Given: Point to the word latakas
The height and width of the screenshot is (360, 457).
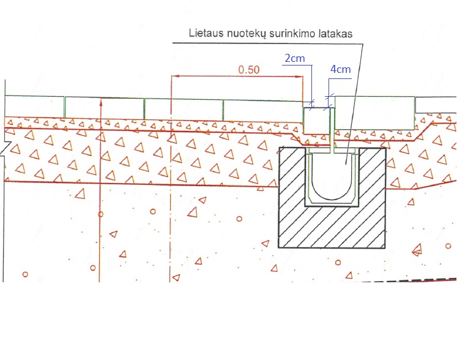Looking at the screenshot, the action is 335,34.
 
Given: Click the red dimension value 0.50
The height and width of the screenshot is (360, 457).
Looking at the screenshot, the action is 249,70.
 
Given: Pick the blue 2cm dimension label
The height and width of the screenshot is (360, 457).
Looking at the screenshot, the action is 295,58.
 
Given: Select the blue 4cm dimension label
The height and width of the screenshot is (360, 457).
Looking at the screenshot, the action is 340,69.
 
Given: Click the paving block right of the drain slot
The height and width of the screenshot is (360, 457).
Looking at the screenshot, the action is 374,113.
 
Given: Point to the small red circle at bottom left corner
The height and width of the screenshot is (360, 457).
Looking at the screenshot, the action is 25,274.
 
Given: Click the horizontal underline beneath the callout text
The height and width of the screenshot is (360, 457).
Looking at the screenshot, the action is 267,43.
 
